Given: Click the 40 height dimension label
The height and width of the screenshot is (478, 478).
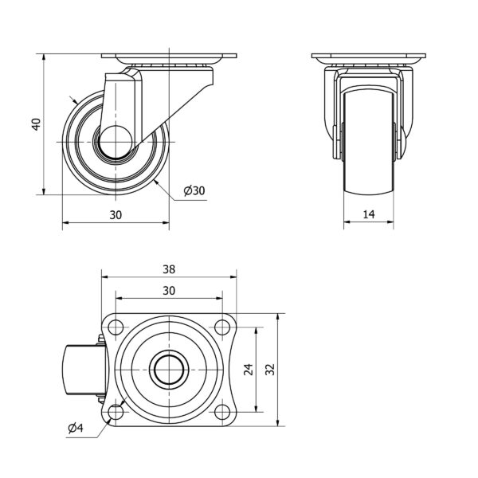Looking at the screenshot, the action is point(37,124).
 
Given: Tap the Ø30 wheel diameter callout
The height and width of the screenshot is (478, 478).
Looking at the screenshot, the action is point(194,191).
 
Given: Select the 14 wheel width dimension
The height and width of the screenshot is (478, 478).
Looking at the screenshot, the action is point(369,214).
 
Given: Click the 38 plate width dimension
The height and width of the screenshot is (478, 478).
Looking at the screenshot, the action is point(169,269).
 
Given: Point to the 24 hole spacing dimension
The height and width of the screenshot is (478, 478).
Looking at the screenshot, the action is point(249,370).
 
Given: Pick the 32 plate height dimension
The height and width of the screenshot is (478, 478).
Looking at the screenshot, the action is point(270,370).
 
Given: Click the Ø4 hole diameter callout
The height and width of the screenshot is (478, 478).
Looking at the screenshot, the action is point(76,429).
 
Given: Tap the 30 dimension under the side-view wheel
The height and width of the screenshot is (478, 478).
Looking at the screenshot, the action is point(116,215).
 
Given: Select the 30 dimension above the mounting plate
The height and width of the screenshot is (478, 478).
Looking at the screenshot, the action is point(169,291).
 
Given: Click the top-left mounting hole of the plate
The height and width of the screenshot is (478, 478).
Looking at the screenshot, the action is point(116,327).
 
